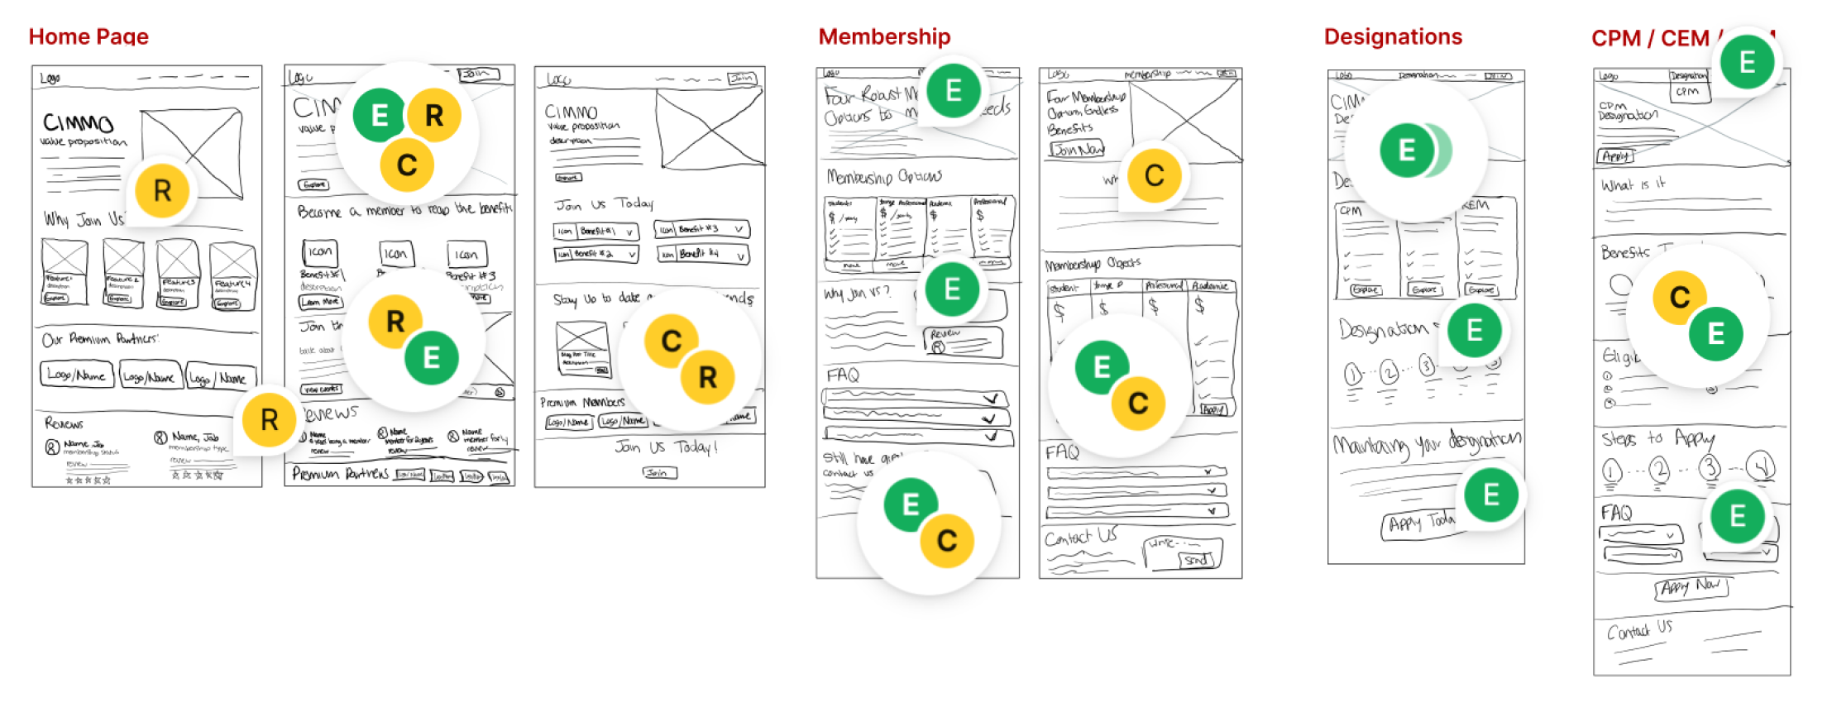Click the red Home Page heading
click(x=88, y=36)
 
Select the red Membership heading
click(x=884, y=36)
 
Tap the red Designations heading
click(x=1393, y=36)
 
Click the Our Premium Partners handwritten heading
click(x=100, y=339)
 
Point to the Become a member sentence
click(x=404, y=211)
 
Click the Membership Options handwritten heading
click(x=884, y=177)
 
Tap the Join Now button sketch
click(x=1076, y=150)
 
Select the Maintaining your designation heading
click(x=1427, y=444)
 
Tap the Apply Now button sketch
click(x=1691, y=587)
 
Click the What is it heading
click(x=1633, y=185)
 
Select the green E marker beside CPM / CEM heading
click(x=1747, y=62)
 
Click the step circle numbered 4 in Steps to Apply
click(x=1761, y=467)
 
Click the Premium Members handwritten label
click(x=582, y=403)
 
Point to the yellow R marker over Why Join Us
click(x=162, y=191)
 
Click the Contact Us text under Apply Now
click(x=1639, y=630)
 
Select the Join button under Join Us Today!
click(x=659, y=473)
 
